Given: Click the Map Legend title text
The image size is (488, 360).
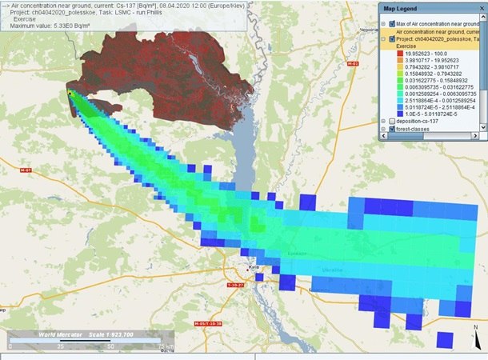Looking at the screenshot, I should [401, 8].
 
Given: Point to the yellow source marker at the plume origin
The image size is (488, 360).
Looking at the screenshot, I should [70, 94].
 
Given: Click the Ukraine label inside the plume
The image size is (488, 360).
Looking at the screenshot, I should [329, 270].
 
